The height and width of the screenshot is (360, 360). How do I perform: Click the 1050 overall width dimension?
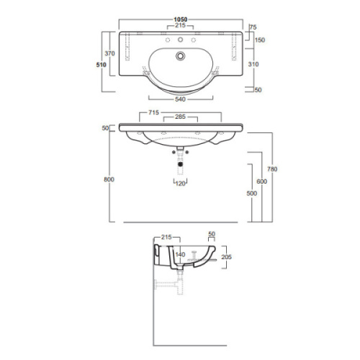(x=181, y=19)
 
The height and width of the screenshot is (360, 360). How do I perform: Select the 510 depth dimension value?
(x=101, y=65)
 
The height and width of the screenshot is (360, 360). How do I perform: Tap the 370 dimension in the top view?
(x=109, y=53)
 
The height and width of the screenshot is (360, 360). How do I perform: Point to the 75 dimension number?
(x=253, y=27)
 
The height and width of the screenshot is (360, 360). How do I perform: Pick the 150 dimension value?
(x=260, y=40)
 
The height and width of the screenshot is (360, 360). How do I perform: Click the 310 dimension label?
(x=253, y=64)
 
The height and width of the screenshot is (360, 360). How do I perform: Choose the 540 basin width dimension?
(x=180, y=99)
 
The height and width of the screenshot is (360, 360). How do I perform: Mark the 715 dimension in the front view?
(x=153, y=112)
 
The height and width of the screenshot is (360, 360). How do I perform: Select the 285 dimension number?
(x=180, y=117)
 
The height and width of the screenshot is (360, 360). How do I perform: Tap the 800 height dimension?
(x=109, y=179)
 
